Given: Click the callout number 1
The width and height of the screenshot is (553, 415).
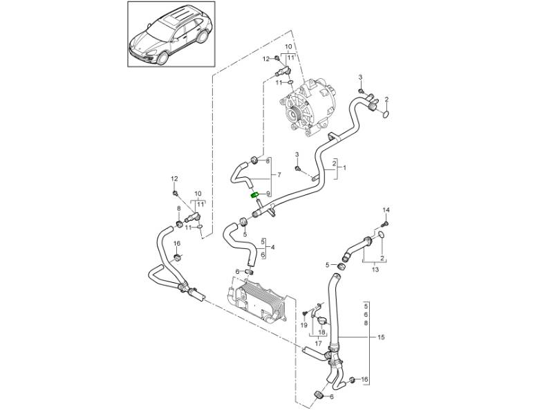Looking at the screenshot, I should (345, 167).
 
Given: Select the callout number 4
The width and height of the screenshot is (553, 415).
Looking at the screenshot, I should (273, 247).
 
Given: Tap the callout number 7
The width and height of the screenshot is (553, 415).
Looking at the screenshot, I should (279, 174).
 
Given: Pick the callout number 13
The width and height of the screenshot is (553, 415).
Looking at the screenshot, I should (375, 270).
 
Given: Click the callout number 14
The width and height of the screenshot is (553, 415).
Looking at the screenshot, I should (386, 210).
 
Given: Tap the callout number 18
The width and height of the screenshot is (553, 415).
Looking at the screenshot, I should (321, 331).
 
